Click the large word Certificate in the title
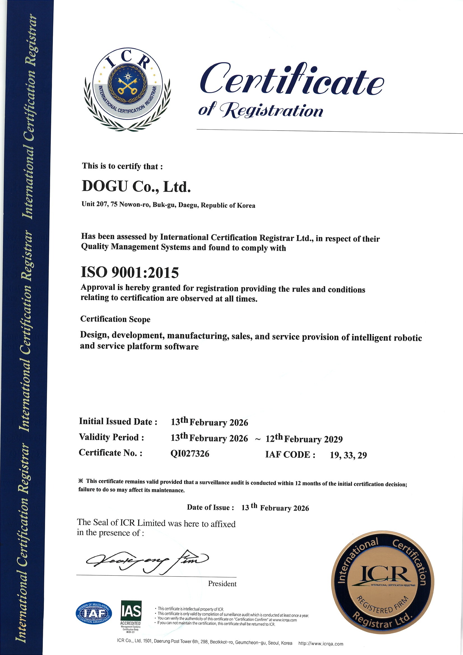tap(292, 79)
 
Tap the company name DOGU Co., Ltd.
tap(136, 187)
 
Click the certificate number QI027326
tap(190, 453)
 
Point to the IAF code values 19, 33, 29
tap(348, 455)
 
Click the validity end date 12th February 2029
tap(304, 438)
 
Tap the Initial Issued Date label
tap(118, 421)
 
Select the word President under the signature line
tap(222, 583)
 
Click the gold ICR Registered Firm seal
tap(382, 582)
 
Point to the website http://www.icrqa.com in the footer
tap(321, 644)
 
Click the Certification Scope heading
tap(115, 319)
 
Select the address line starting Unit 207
tap(168, 205)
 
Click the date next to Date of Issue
tap(275, 508)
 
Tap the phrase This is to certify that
tap(122, 166)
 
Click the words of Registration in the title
tap(261, 110)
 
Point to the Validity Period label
tap(111, 437)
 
